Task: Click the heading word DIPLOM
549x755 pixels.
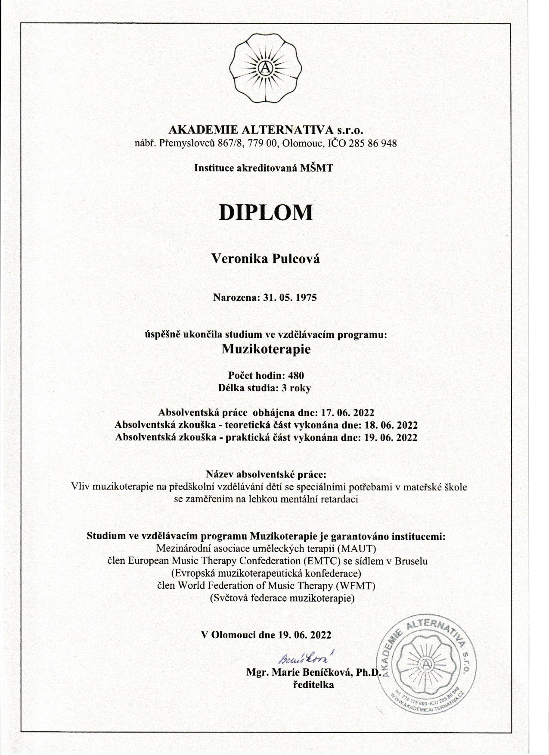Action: [x=266, y=212]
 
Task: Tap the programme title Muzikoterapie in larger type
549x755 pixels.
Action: [x=266, y=349]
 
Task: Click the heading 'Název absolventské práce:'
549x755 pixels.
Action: [x=266, y=475]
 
